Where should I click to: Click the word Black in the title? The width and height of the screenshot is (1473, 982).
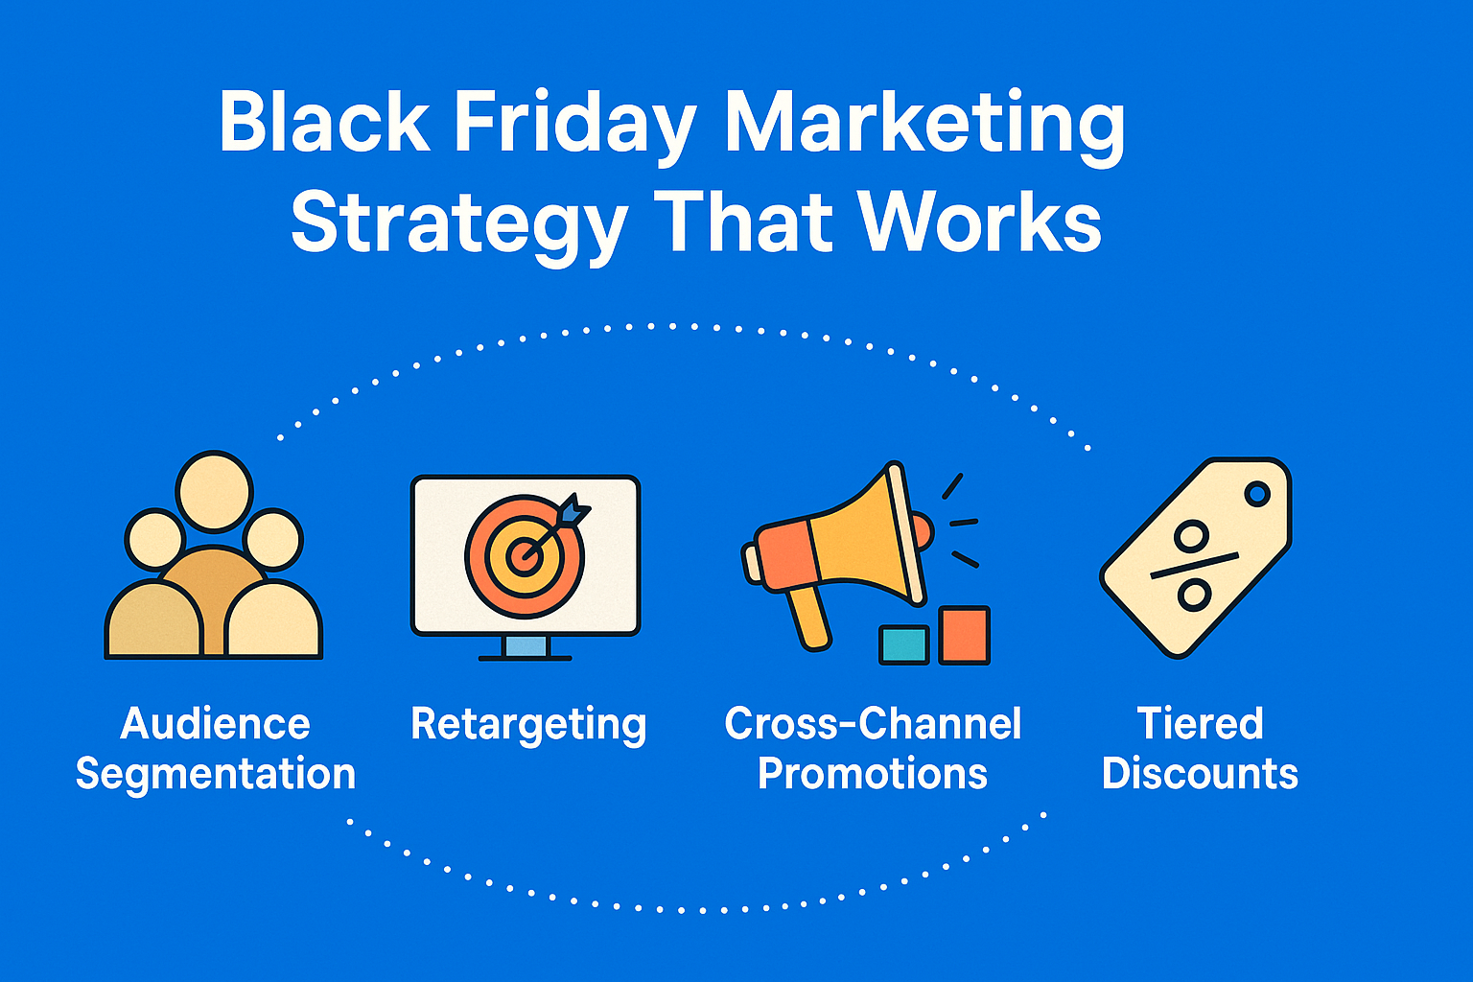click(x=324, y=121)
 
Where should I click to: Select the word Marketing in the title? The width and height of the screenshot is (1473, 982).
click(x=924, y=127)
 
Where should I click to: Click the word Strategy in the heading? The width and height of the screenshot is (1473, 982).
click(x=459, y=225)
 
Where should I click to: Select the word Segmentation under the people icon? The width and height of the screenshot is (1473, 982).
click(x=216, y=775)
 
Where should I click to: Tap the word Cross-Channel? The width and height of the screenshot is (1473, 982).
click(x=872, y=723)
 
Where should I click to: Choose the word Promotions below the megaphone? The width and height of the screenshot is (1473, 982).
click(x=872, y=773)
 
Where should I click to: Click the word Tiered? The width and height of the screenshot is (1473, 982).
click(x=1200, y=723)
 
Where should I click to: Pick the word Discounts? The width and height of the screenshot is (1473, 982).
click(x=1200, y=773)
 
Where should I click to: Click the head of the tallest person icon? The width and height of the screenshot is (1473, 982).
click(x=215, y=491)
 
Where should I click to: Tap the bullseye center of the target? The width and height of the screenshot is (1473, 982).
click(x=525, y=556)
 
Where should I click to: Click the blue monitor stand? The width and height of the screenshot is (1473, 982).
click(x=525, y=645)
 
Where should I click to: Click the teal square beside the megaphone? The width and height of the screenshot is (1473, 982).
click(x=904, y=645)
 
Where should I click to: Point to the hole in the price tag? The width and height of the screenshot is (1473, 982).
click(x=1257, y=493)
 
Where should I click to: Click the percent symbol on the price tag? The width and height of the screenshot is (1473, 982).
click(x=1193, y=565)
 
